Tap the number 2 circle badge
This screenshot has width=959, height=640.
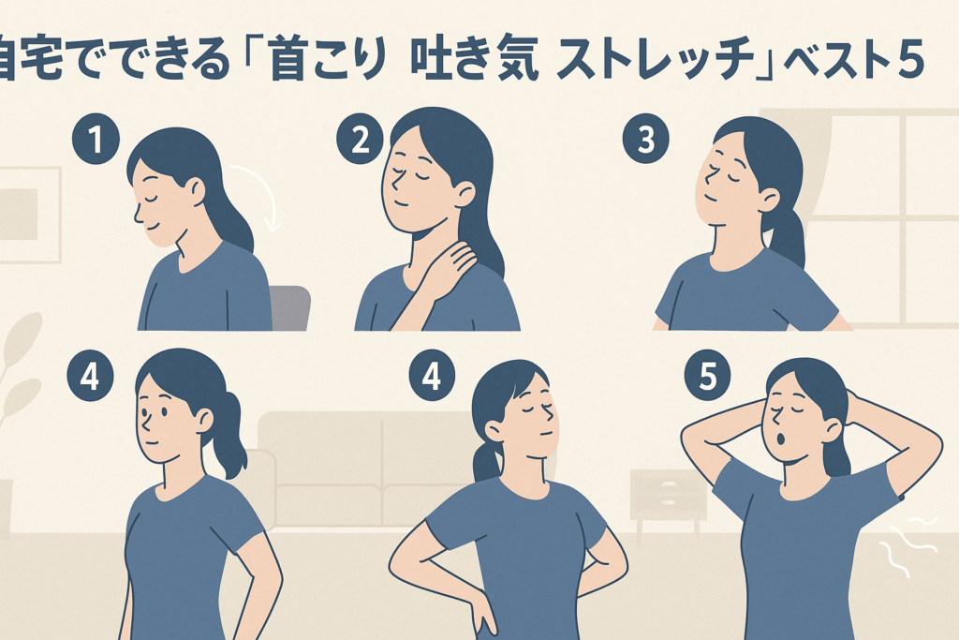[360, 141]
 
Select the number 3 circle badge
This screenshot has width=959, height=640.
[646, 141]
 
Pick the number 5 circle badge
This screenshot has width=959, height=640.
[708, 377]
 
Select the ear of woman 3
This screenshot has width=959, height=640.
[768, 199]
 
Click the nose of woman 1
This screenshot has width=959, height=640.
[138, 215]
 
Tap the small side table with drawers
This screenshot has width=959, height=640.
[669, 507]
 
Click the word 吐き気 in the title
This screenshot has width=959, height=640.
[475, 61]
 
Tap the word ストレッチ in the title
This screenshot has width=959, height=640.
[657, 61]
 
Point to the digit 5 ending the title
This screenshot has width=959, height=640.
[910, 61]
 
